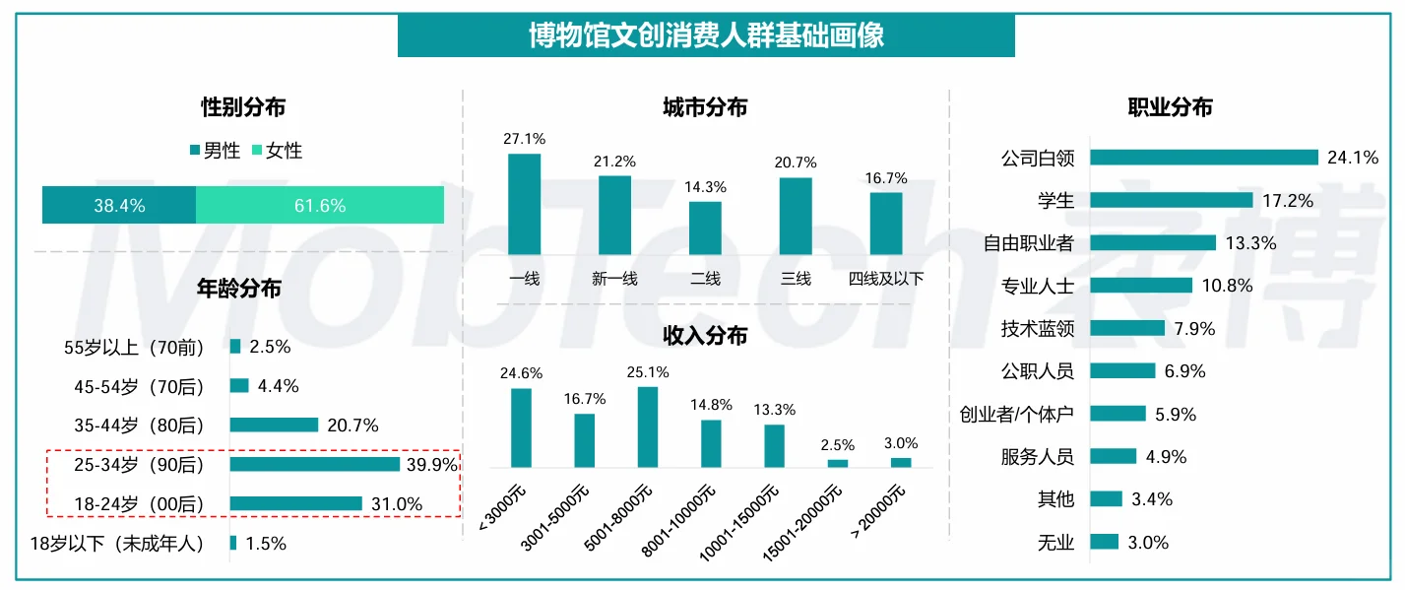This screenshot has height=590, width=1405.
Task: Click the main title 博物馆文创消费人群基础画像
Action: coord(705,35)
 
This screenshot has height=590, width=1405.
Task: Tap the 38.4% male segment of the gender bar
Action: coord(119,205)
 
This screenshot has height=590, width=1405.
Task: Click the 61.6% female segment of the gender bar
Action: coord(320,205)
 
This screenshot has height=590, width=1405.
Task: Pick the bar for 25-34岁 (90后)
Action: coord(315,464)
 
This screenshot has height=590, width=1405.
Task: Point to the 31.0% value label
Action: coord(398,504)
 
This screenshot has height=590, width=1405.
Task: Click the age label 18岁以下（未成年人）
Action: coord(117,544)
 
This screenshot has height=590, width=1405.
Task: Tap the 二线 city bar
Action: coord(705,229)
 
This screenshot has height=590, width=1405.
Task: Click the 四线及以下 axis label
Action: coord(886,279)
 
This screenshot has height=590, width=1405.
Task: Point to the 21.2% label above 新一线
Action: coord(614,161)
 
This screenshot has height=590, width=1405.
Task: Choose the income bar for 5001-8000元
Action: coord(647,426)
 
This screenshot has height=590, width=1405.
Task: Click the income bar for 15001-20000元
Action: coord(837,463)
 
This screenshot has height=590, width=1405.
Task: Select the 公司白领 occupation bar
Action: coord(1203,158)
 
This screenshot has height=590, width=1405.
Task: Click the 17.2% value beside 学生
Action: coord(1287,201)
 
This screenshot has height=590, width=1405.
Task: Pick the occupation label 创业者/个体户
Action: coord(1016,415)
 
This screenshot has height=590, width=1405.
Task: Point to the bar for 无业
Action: coord(1104,542)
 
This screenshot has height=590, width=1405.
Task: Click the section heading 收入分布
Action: coord(705,336)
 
